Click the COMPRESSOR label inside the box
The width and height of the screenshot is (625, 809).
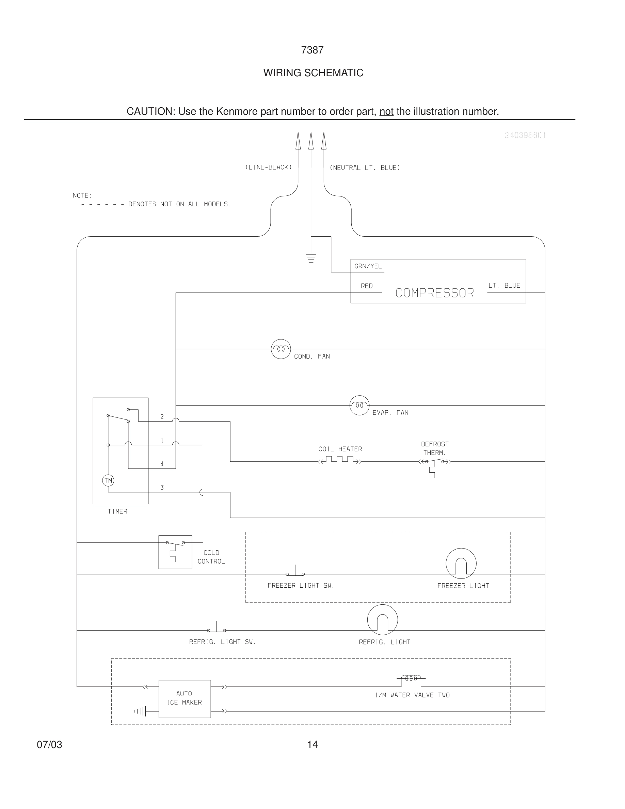click(x=434, y=293)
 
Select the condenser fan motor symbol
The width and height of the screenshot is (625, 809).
click(x=281, y=349)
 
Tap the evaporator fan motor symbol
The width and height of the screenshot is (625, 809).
click(x=359, y=405)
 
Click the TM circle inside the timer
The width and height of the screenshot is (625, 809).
click(x=108, y=481)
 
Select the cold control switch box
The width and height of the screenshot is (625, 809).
click(x=175, y=552)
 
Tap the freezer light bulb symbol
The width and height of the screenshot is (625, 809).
click(x=461, y=564)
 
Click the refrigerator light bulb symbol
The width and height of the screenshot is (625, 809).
click(x=383, y=620)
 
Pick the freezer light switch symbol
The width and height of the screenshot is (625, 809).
click(x=295, y=572)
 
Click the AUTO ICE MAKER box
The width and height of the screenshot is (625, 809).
click(x=185, y=699)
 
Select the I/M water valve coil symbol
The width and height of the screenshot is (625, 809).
click(x=411, y=679)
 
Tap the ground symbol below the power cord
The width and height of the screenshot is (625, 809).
click(x=311, y=259)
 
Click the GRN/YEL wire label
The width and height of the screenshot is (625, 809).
click(x=368, y=266)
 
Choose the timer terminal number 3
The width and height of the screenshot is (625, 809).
click(x=162, y=488)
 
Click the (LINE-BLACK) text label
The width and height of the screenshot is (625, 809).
click(x=269, y=168)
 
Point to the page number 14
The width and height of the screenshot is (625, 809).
click(x=312, y=745)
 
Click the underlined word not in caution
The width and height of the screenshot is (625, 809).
click(x=386, y=111)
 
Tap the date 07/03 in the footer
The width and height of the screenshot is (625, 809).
click(x=49, y=745)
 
